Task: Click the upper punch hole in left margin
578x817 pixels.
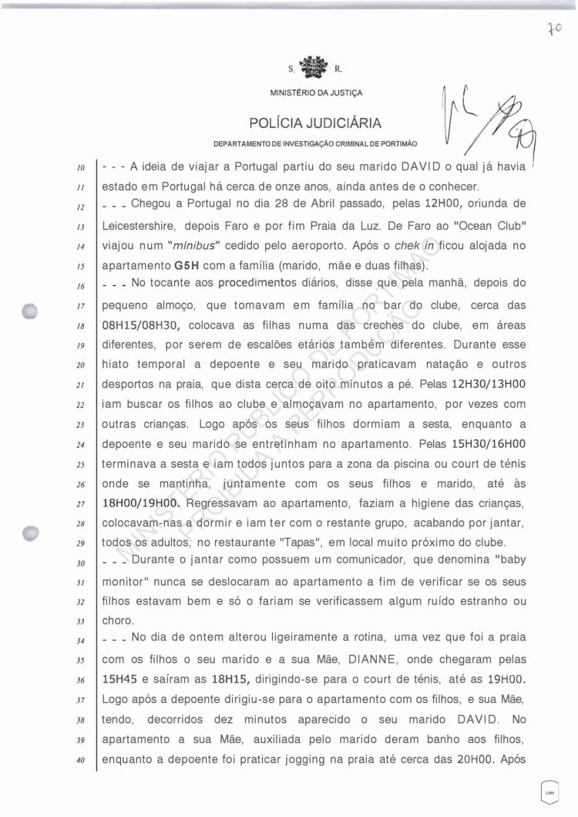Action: coord(30,311)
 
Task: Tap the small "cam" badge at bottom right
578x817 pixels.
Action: coord(550,791)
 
